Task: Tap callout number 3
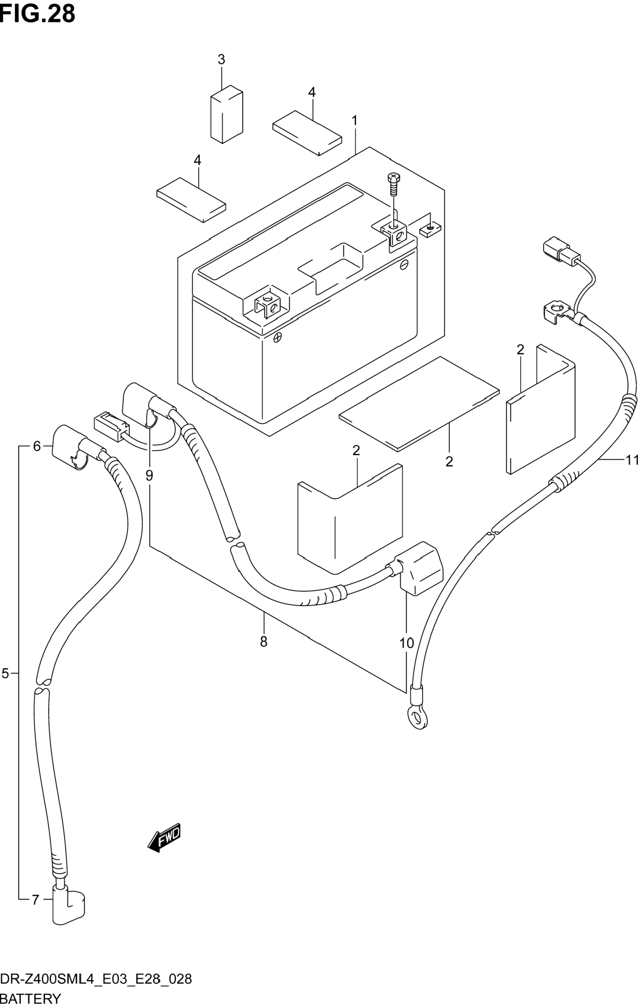click(x=221, y=59)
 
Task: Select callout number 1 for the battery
click(x=354, y=121)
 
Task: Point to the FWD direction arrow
click(x=165, y=837)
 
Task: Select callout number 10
click(x=406, y=643)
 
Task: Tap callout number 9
click(x=149, y=475)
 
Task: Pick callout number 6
click(x=37, y=447)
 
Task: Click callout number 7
click(x=35, y=899)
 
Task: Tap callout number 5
click(x=5, y=673)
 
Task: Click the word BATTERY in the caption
click(x=31, y=999)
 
